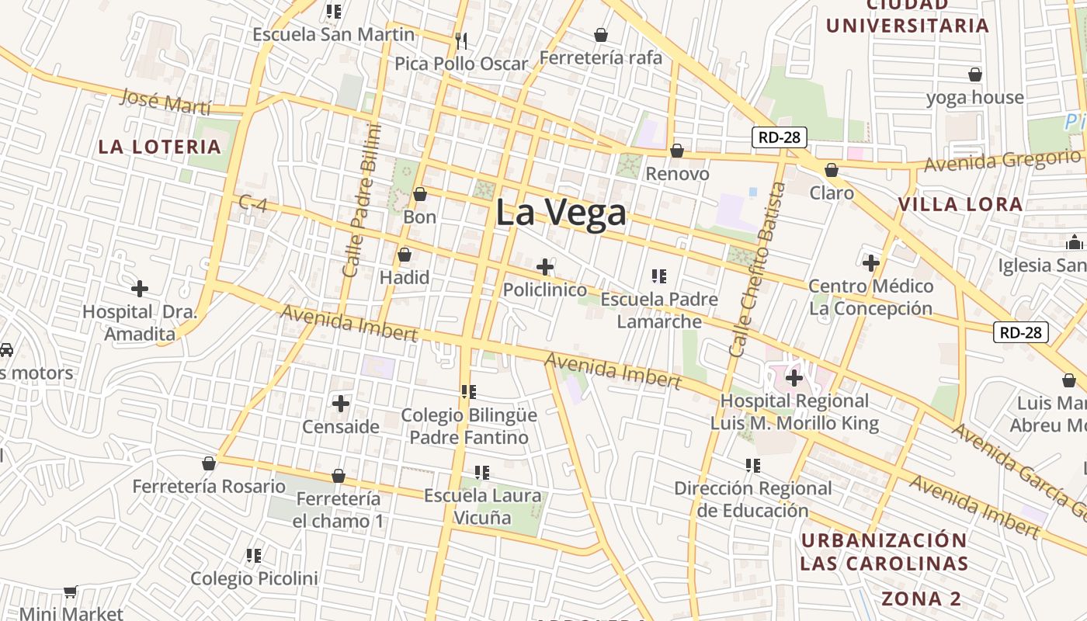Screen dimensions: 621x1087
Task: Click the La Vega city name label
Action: pos(561,213)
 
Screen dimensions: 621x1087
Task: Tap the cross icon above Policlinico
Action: pos(545,267)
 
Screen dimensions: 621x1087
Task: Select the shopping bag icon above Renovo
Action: pos(677,151)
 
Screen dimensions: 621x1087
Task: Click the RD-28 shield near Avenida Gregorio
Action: pos(780,138)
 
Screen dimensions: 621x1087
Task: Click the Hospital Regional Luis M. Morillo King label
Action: pos(794,412)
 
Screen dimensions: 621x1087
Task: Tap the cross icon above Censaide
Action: pos(340,403)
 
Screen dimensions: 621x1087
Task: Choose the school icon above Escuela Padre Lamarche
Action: pos(659,276)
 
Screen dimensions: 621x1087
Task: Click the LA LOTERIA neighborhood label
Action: pos(160,147)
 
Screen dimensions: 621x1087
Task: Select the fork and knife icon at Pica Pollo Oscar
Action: pos(461,40)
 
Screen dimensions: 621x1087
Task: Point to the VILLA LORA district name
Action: pos(960,205)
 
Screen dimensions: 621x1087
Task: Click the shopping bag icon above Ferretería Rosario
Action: pos(208,463)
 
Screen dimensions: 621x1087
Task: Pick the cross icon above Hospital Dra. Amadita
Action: pos(140,289)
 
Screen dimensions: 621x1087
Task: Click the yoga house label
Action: pos(975,98)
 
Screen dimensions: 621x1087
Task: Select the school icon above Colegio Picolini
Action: pos(254,555)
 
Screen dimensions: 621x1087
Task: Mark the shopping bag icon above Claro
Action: pos(832,169)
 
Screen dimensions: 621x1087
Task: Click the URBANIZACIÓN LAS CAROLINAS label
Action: pos(884,552)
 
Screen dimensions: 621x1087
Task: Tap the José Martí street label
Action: pos(166,101)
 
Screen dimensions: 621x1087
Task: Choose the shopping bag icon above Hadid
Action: pos(405,255)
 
